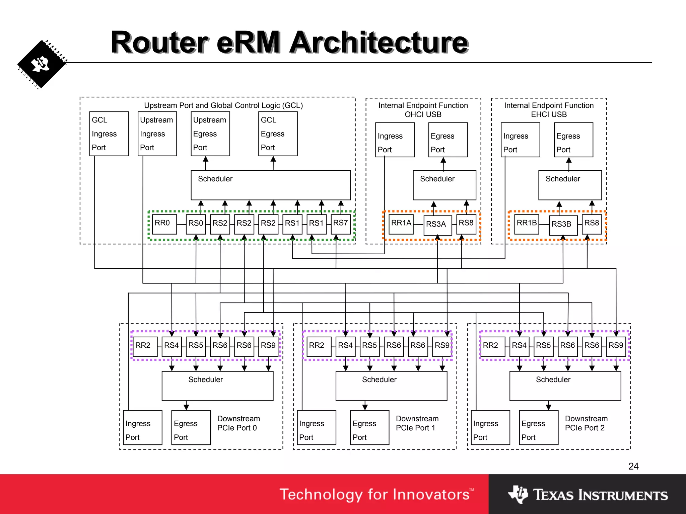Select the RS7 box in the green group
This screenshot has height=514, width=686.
click(341, 224)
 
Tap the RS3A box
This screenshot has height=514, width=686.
click(437, 225)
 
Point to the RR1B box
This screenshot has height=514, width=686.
click(527, 224)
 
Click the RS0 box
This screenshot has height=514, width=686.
click(196, 224)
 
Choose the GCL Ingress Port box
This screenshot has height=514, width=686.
click(109, 134)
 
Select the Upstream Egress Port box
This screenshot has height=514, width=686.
click(210, 134)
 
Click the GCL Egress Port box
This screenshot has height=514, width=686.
click(278, 134)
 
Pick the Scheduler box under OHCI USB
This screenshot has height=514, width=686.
click(444, 185)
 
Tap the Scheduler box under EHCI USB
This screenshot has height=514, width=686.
click(570, 185)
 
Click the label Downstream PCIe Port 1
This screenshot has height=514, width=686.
click(417, 423)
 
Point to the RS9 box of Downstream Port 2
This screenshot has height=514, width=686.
click(616, 346)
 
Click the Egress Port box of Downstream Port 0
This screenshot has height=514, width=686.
click(191, 427)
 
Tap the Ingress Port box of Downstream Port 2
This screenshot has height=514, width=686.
click(490, 427)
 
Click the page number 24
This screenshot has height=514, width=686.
click(633, 466)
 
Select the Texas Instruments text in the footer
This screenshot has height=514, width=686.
click(600, 495)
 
